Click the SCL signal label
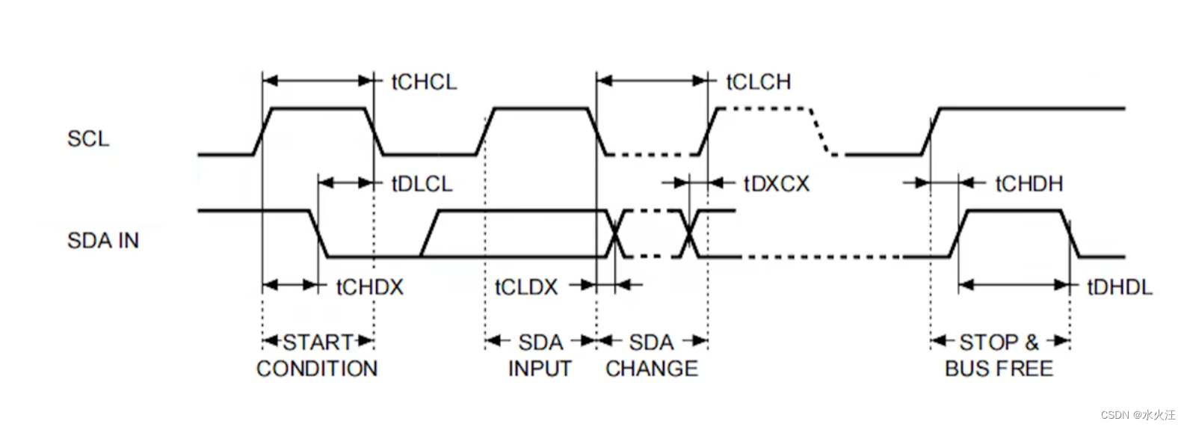[88, 139]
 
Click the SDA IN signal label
[103, 241]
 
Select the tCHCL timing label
[424, 82]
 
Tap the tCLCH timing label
[758, 82]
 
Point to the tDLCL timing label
[422, 184]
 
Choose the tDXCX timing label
[776, 184]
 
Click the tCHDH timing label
[1029, 184]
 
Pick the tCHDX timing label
[369, 287]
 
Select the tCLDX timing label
[526, 287]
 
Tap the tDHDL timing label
[1119, 287]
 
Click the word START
[318, 342]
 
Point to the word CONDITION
[317, 369]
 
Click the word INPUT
[540, 369]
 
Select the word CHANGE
[652, 369]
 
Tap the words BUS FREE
[999, 369]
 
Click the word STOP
[989, 342]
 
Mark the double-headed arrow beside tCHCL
[318, 81]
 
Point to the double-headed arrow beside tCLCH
[652, 81]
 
